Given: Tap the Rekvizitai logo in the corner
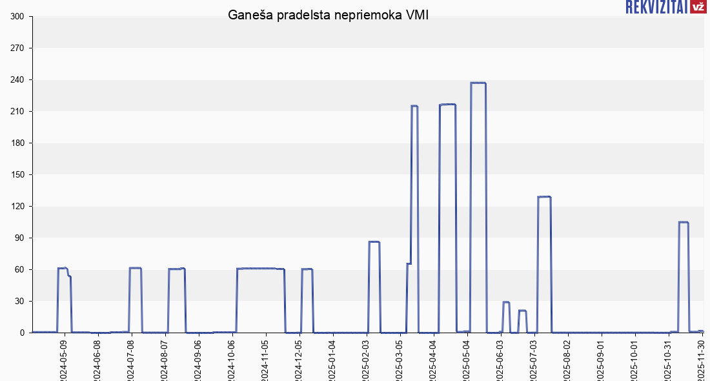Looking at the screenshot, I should [x=665, y=7].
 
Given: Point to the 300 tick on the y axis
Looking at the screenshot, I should [x=17, y=17].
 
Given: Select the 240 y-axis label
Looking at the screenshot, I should [x=17, y=80].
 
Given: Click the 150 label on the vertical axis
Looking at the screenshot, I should [x=17, y=175].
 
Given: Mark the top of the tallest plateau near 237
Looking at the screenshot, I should [x=478, y=83].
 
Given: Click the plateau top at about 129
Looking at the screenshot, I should [x=544, y=197].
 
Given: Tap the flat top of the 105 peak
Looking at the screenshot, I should [x=684, y=222].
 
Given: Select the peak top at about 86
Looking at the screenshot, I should [x=374, y=242].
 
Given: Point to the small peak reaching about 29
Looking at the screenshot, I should [x=506, y=302].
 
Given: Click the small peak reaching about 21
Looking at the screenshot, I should [x=523, y=311].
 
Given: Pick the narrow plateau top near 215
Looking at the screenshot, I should [x=414, y=106].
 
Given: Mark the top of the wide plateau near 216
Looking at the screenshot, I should [x=447, y=105].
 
